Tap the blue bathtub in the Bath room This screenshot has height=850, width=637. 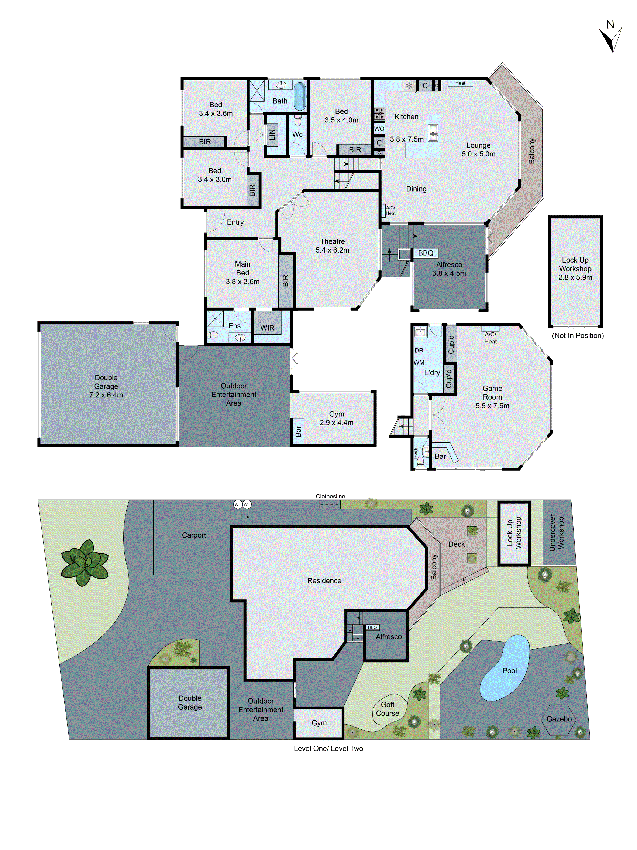pos(300,96)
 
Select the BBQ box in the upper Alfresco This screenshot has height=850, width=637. pos(426,253)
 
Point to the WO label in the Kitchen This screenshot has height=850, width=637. pos(379,129)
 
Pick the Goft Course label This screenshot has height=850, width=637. pos(388,709)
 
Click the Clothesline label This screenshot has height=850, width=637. pos(330,496)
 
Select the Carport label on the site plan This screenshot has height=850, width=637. pos(194,535)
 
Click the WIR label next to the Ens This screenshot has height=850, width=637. pos(267,328)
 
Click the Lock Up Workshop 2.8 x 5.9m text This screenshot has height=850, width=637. pos(575,269)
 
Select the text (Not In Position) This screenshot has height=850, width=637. pos(578,335)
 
